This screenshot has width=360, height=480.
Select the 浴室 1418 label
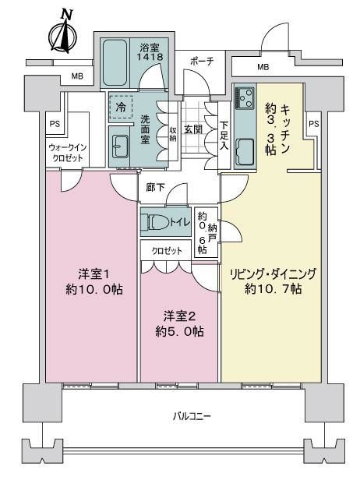pos(150,52)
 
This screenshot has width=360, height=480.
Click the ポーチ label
pos(202,62)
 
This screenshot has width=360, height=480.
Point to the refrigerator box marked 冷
pos(121,107)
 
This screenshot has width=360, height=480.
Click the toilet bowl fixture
pos(157,221)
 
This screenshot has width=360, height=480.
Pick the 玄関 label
pos(193,129)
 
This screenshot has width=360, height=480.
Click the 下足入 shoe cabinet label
pos(224,136)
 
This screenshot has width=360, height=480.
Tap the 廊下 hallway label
pos(156,187)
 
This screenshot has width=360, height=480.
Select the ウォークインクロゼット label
pos(68,153)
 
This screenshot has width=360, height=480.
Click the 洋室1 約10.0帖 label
pos(94,281)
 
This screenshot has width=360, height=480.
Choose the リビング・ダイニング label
pos(273,274)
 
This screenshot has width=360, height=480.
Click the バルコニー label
pos(192,416)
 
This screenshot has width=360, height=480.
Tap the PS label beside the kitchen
pos(314,124)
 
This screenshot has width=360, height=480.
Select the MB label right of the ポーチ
pos(263,66)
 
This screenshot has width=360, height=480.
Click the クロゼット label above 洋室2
pos(167,251)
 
